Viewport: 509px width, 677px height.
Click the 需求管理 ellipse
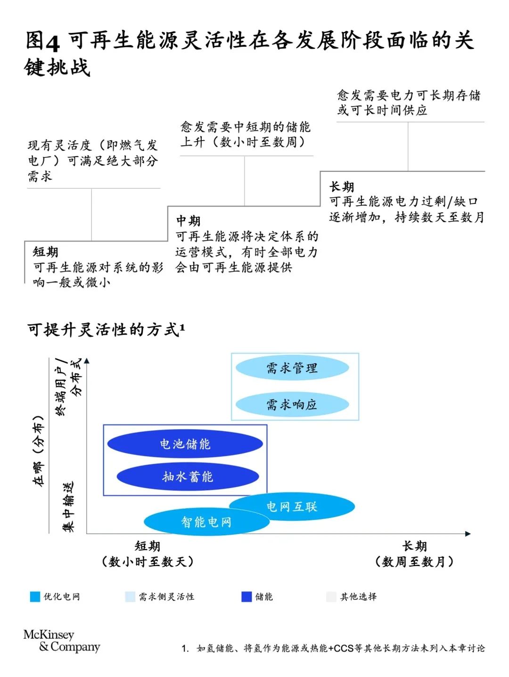[292, 368]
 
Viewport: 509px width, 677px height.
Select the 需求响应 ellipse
[292, 404]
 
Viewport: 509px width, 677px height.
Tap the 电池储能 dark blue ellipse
[185, 444]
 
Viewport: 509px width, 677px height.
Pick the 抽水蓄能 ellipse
[188, 476]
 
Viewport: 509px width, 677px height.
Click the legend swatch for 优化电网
[35, 596]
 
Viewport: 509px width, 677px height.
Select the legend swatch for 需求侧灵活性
[130, 596]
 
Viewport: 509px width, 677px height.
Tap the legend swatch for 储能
[246, 596]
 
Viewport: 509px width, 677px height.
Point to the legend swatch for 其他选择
[331, 596]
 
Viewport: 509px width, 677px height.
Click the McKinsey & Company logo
[62, 641]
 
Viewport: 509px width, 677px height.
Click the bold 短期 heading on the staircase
[45, 252]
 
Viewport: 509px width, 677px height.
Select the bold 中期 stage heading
[188, 221]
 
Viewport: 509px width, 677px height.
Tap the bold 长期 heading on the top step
[342, 187]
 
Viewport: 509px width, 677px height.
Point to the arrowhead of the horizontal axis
[468, 534]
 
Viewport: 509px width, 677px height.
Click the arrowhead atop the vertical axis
[87, 360]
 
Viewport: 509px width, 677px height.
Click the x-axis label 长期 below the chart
[414, 546]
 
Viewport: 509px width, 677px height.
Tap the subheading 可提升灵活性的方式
[104, 330]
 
